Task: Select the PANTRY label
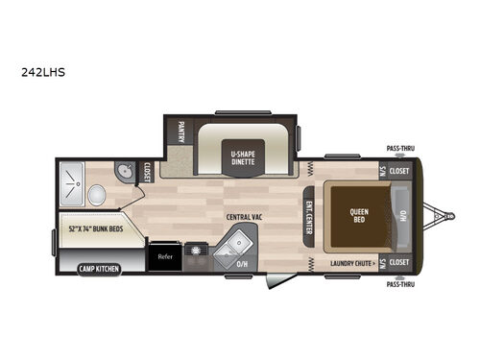pos(180,132)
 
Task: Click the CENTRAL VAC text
pos(245,217)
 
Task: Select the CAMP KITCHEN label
pos(99,268)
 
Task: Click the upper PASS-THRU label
pos(400,149)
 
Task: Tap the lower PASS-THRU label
pos(400,284)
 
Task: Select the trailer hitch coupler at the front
pos(441,215)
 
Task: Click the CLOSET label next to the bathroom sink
pos(148,171)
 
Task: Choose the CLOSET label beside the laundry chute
pos(399,261)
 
